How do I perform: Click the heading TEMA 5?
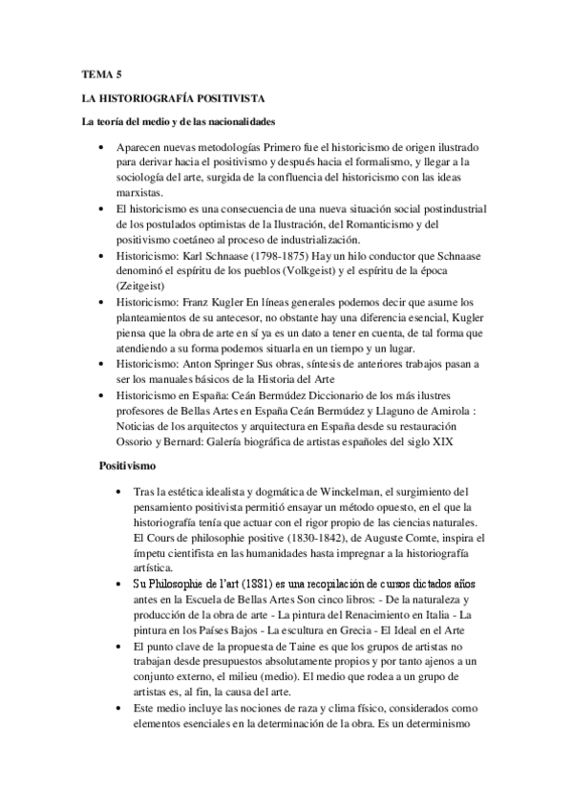98,73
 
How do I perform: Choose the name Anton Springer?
222,364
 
